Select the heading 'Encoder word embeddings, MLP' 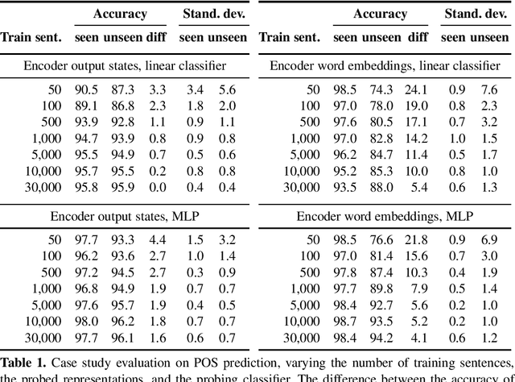(x=385, y=217)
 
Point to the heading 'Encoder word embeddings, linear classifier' (x=385, y=65)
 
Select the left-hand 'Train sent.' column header (x=30, y=37)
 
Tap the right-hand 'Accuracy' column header (x=381, y=14)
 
